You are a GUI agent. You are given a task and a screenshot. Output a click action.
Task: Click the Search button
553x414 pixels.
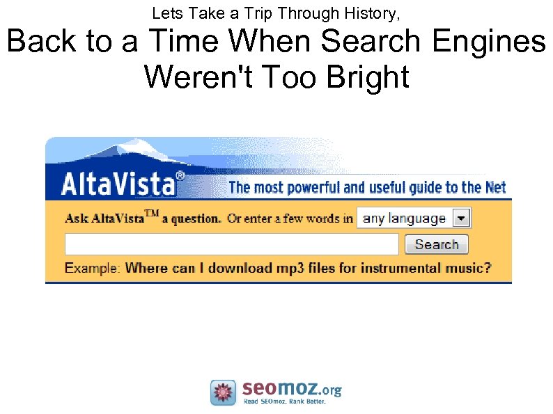click(x=437, y=244)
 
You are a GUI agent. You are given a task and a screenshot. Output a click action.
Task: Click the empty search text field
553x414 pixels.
click(x=231, y=244)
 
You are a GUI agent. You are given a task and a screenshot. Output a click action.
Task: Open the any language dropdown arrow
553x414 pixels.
click(x=461, y=218)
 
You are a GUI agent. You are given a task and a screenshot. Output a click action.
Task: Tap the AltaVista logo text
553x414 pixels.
click(x=118, y=185)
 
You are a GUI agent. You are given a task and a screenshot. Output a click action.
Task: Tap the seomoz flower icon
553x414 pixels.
click(x=224, y=392)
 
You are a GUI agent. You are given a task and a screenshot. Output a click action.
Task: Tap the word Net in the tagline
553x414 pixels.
click(x=494, y=187)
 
